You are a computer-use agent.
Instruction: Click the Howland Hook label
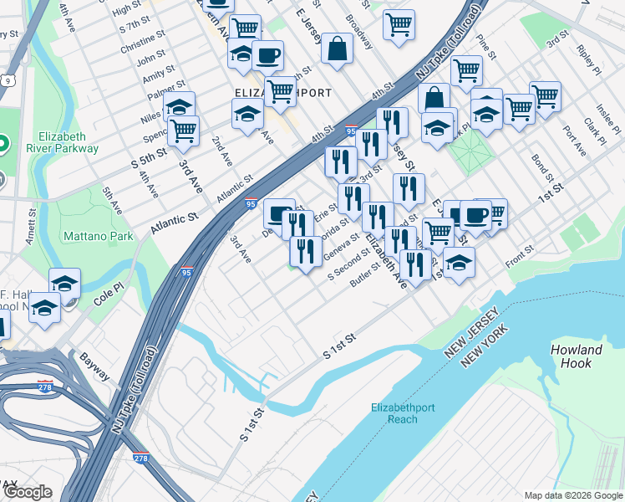[577, 356]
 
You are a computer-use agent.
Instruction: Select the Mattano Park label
[99, 237]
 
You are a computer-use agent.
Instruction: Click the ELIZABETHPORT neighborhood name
[284, 93]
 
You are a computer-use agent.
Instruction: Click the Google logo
[28, 492]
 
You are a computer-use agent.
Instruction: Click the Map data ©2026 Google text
[572, 494]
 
